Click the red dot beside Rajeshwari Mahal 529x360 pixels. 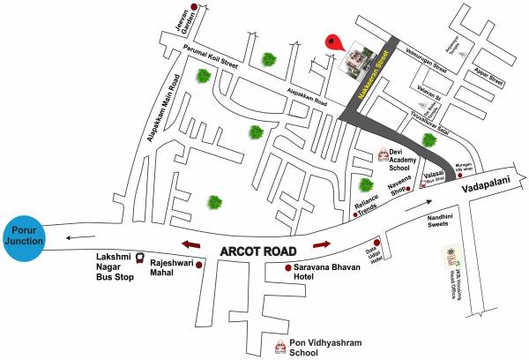(200, 265)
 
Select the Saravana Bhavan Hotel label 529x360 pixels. (331, 271)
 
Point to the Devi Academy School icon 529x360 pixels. (382, 154)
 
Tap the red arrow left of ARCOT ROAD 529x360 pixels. (191, 244)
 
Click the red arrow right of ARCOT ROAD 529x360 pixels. (321, 243)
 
